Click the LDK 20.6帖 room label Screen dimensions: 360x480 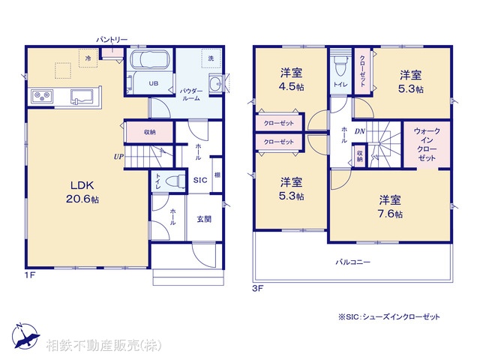tap(85, 192)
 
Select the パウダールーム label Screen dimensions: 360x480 tap(191, 94)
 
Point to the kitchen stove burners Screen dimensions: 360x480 tap(40, 96)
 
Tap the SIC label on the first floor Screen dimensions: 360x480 tap(199, 181)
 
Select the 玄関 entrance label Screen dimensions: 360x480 tap(204, 219)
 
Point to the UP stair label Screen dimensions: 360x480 tap(118, 157)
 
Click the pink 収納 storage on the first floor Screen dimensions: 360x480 tap(149, 132)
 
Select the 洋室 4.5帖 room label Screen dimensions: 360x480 tap(292, 79)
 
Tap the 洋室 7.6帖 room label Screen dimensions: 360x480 tap(389, 206)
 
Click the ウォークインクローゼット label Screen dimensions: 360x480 tap(427, 145)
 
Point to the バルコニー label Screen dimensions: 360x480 tap(352, 262)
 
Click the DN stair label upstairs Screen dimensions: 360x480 tap(360, 131)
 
